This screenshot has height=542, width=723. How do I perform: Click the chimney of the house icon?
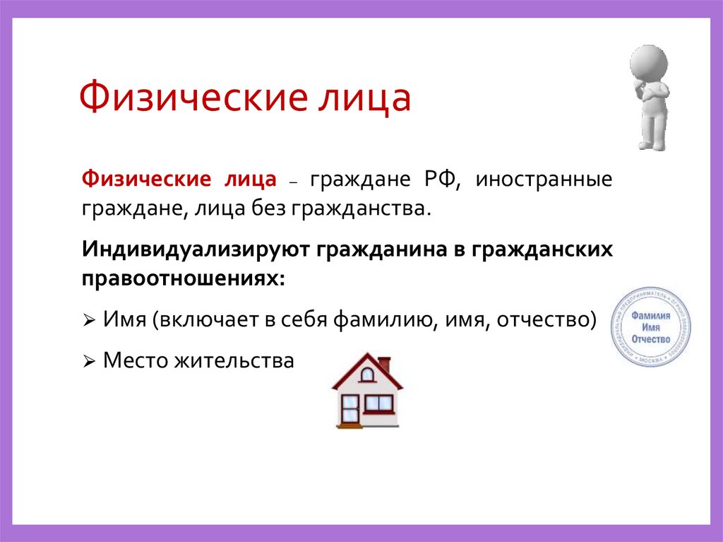pyautogui.click(x=384, y=365)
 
